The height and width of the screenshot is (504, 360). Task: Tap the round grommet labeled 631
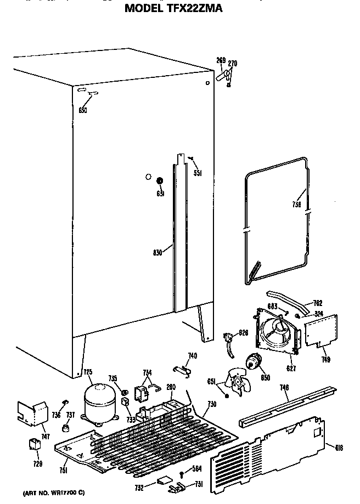(x=160, y=181)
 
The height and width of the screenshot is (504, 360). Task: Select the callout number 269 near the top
(x=221, y=60)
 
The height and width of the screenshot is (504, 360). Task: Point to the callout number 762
(x=318, y=303)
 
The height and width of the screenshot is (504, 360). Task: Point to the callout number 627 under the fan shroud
(x=291, y=369)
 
